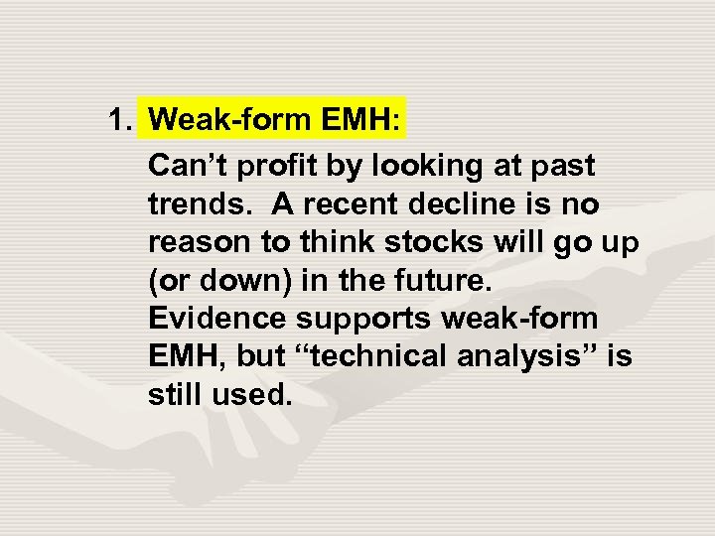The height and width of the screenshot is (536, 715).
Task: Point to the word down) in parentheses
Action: click(x=243, y=280)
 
